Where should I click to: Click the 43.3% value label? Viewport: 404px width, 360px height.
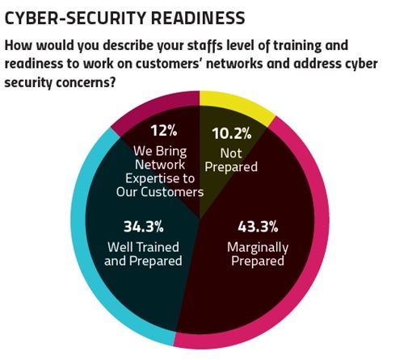(258, 227)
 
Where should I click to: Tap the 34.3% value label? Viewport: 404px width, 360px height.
(144, 227)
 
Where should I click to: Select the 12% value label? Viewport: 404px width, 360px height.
(164, 131)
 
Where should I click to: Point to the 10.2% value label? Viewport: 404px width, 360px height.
(232, 133)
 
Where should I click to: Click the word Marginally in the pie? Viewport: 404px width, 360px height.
(258, 248)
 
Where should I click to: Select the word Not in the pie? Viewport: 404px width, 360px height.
(231, 153)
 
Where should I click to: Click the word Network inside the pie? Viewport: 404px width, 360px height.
(160, 165)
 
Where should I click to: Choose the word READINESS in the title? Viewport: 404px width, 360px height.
(198, 19)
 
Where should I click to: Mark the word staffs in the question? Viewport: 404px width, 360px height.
(205, 46)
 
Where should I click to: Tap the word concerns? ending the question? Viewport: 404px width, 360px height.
(86, 82)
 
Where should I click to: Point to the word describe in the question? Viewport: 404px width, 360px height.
(128, 45)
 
